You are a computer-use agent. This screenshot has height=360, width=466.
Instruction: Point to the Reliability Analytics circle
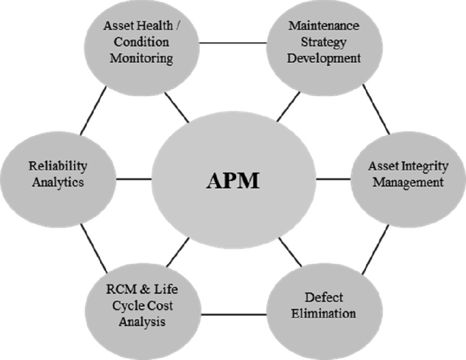[58, 174]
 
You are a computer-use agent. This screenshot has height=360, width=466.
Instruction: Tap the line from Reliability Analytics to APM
[133, 180]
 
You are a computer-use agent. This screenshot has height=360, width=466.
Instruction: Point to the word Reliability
[59, 165]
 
